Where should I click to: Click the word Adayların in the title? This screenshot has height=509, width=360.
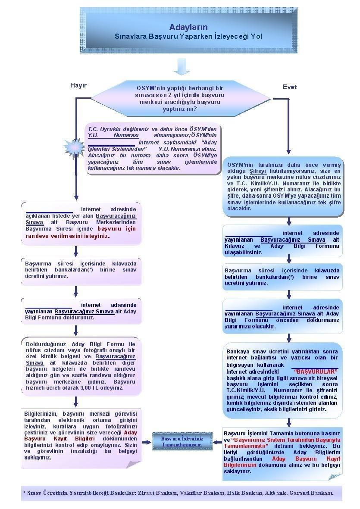click(x=188, y=28)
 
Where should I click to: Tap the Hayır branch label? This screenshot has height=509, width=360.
click(x=78, y=85)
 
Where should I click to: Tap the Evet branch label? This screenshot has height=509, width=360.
click(x=289, y=87)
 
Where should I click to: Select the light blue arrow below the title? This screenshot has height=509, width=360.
click(x=182, y=66)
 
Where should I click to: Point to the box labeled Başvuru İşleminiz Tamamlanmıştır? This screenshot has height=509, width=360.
click(x=182, y=441)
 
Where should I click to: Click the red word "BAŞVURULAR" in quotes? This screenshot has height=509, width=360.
click(x=315, y=371)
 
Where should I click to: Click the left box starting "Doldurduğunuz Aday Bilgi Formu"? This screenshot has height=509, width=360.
click(x=81, y=366)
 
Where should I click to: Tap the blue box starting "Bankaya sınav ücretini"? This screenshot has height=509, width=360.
click(x=282, y=380)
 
